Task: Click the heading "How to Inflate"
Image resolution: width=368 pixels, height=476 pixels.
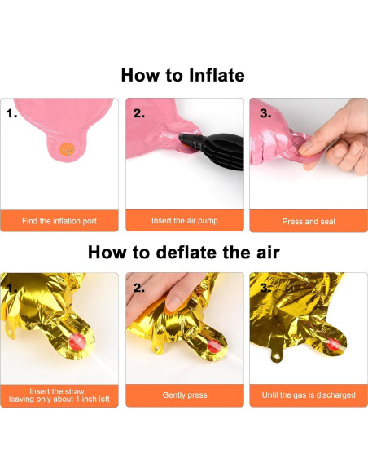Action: (183, 75)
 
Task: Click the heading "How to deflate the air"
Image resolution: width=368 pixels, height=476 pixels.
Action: (184, 253)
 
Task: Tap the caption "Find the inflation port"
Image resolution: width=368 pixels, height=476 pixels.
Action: (59, 221)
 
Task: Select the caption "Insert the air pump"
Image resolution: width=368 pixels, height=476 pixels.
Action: (185, 221)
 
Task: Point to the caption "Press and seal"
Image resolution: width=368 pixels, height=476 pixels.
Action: (309, 222)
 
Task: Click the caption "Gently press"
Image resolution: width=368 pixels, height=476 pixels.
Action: (185, 395)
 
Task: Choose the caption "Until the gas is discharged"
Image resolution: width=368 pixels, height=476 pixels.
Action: (309, 395)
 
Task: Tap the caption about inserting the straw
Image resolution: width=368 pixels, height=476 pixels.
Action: (59, 395)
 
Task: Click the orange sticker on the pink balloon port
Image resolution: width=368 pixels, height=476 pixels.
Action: (67, 150)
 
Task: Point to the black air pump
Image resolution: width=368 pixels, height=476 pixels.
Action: (212, 149)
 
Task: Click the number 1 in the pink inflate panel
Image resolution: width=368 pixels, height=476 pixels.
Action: (11, 114)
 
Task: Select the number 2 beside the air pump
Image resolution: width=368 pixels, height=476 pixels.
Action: (139, 113)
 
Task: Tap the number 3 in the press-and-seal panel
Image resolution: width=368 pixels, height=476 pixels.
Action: (265, 113)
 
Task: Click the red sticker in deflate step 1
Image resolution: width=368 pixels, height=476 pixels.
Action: (77, 342)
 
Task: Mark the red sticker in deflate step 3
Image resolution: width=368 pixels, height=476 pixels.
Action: (335, 346)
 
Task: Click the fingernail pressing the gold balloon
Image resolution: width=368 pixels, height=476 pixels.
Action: (174, 303)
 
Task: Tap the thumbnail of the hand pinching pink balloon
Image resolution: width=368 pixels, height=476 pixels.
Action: (305, 148)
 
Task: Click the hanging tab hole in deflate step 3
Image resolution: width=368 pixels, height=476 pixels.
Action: (276, 355)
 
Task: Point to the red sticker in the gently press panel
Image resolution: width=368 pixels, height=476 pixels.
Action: (213, 346)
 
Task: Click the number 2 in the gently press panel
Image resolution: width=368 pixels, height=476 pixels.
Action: (139, 288)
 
